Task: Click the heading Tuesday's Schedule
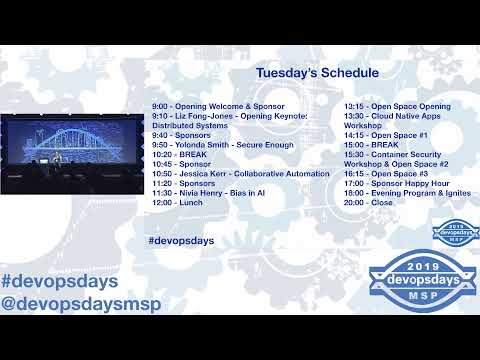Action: (x=317, y=73)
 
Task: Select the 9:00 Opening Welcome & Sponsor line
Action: (x=218, y=106)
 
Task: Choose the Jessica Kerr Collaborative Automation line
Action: (x=240, y=174)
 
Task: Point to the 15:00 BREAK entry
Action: (x=371, y=145)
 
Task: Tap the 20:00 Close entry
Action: (x=369, y=203)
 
